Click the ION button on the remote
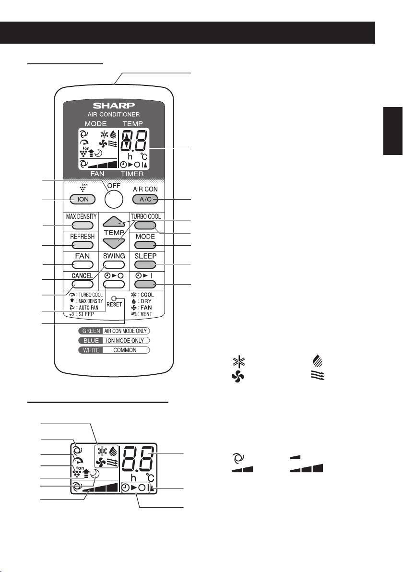82,199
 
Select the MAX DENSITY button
82,226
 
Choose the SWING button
114,264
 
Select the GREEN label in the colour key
91,331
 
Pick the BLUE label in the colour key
91,340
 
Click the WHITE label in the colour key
91,350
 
